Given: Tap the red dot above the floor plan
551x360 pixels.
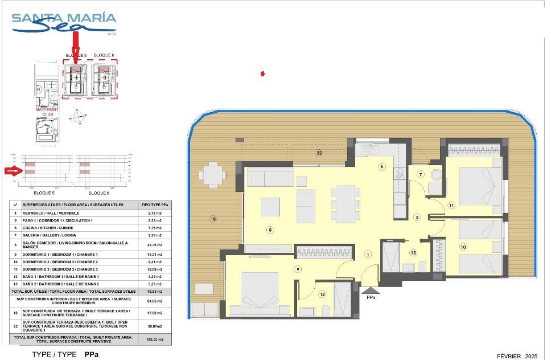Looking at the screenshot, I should click(262, 73).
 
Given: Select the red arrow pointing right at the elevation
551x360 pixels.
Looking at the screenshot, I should click(12, 170).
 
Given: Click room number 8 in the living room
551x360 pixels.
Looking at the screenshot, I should click(270, 230).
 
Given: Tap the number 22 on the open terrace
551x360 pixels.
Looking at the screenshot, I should click(319, 153).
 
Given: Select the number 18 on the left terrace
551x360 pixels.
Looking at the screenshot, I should click(213, 219).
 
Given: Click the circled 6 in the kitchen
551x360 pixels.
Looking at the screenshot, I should click(382, 167).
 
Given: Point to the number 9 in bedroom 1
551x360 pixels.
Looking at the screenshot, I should click(297, 269).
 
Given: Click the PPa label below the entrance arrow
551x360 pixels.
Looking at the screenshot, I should click(371, 297).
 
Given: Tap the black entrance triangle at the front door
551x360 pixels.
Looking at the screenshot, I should click(371, 289).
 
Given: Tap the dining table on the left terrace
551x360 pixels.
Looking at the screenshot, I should click(212, 175).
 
